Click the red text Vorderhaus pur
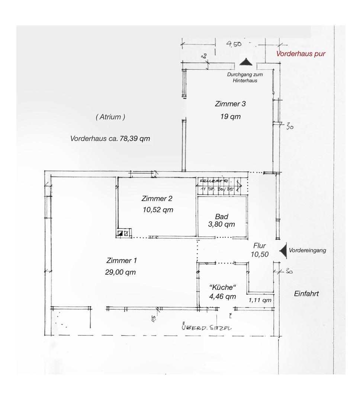300,54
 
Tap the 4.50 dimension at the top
234,44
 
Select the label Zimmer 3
230,104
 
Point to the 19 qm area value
230,117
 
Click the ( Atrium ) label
110,117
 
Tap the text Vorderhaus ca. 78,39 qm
110,138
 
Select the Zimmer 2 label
157,198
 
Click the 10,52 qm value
158,210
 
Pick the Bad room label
221,217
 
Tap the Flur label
259,246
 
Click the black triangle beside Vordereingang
283,251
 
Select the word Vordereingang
307,251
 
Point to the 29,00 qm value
120,272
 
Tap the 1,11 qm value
260,300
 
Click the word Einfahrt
306,294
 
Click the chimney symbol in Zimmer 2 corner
122,234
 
